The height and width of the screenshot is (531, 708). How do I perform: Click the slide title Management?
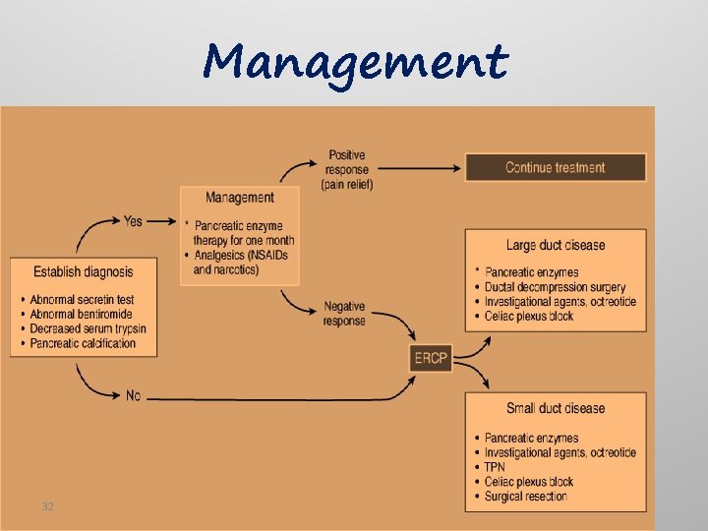(356, 62)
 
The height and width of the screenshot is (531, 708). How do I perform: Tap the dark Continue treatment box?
(556, 167)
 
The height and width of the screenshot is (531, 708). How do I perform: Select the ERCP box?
(431, 358)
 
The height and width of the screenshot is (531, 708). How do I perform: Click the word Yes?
(133, 220)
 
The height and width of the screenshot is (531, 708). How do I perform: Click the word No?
(133, 395)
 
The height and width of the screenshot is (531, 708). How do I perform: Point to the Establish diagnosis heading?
(83, 271)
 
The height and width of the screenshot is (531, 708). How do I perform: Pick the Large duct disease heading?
(556, 245)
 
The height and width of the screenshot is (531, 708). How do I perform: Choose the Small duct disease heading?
(556, 408)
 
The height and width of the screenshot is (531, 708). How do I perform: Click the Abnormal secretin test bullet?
(82, 300)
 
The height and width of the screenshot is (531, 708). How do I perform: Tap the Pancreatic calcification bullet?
(83, 344)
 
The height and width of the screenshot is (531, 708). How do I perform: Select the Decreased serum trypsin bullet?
(88, 329)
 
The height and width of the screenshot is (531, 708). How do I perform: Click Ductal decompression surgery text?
(555, 287)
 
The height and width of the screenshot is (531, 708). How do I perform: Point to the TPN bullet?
(495, 467)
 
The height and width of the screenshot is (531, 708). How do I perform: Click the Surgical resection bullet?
(525, 497)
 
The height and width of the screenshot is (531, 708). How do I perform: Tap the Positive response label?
(347, 169)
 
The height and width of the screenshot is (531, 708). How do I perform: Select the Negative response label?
(345, 314)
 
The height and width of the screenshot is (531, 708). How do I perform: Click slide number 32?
(47, 506)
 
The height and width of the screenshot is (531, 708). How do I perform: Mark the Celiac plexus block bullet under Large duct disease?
(529, 317)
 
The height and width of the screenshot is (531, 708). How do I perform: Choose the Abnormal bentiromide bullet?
(82, 315)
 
